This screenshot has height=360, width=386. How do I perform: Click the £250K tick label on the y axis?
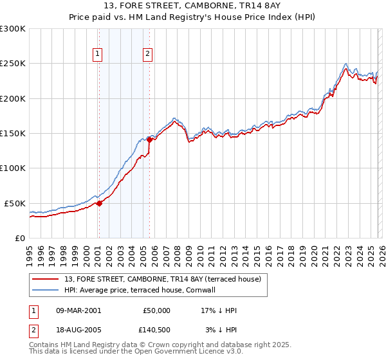(13, 64)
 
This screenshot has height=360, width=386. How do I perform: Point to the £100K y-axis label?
(13, 168)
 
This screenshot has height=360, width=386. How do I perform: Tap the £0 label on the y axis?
(19, 238)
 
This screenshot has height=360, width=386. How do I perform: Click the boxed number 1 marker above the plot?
(98, 54)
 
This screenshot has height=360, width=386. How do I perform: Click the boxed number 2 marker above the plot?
(148, 54)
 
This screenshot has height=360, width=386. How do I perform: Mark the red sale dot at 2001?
(99, 203)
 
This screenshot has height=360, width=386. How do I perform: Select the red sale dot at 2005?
(149, 139)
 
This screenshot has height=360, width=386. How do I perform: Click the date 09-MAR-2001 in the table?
(79, 310)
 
